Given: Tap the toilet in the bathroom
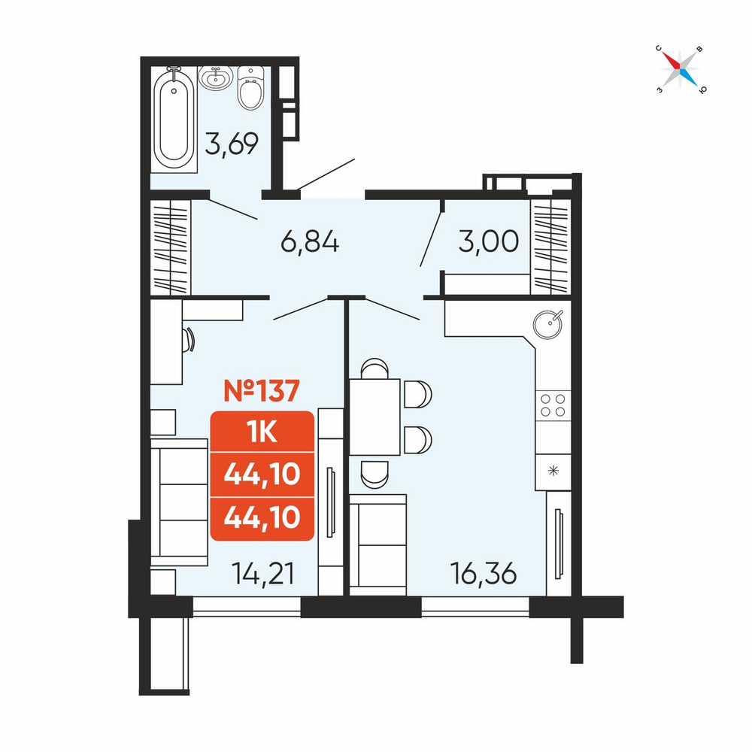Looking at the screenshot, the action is (x=250, y=87).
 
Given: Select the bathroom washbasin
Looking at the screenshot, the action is (x=216, y=77).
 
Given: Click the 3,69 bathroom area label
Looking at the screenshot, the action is (x=232, y=143).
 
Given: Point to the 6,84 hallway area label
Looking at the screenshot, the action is (x=310, y=241).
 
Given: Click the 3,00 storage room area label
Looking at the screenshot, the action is (x=488, y=241).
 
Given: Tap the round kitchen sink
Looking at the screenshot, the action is (x=547, y=324).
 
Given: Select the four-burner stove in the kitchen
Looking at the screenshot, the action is (x=553, y=405).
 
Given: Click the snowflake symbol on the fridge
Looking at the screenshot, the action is (x=553, y=471).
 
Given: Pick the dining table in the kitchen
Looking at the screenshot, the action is (x=374, y=417).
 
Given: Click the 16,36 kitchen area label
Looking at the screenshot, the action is (x=484, y=574).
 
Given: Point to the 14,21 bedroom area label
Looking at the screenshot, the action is (x=262, y=574).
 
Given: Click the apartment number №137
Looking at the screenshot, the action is (x=262, y=390).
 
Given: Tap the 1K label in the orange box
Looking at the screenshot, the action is (x=262, y=432).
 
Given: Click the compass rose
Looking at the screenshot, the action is (x=680, y=70).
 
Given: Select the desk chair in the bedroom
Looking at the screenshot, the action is (x=189, y=340).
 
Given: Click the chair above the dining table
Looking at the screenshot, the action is (x=374, y=368).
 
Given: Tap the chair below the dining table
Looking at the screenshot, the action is (x=374, y=475).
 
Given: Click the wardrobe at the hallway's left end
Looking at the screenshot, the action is (x=171, y=247).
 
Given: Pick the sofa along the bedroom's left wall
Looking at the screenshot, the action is (x=179, y=502).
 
